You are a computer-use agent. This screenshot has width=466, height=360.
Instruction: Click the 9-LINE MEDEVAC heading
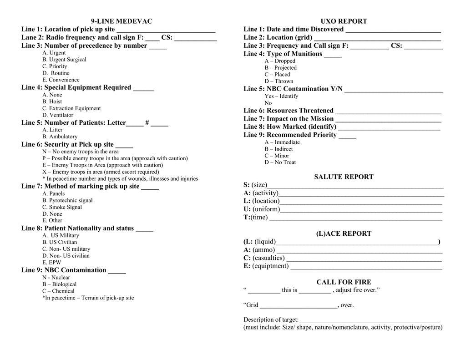122,21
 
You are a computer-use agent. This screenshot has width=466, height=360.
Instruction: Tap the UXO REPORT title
344,21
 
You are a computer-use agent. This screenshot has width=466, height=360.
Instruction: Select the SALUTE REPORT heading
344,177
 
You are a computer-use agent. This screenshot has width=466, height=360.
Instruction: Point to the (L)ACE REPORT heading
344,233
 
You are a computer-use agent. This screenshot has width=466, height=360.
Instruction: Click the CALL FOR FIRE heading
344,282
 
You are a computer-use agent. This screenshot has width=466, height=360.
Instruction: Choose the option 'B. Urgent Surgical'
64,60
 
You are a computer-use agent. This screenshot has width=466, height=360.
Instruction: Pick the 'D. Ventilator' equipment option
58,115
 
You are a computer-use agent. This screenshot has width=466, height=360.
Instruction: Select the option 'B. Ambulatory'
60,137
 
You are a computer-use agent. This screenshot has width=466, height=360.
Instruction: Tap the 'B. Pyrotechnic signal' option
67,200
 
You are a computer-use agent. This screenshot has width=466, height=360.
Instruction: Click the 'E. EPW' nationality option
51,263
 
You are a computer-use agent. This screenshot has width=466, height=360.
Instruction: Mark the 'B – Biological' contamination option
59,284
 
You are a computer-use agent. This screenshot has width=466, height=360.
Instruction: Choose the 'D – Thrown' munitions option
279,81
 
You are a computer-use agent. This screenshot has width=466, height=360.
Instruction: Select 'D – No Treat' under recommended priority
280,162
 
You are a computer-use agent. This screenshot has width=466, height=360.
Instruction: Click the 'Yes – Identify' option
281,96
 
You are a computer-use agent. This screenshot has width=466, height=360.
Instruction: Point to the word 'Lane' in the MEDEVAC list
30,37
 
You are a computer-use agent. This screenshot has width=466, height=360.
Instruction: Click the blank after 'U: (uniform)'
361,209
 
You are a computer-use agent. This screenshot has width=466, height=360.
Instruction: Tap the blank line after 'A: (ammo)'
360,250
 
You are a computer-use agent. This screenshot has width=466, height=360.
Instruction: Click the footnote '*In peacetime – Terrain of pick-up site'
88,298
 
